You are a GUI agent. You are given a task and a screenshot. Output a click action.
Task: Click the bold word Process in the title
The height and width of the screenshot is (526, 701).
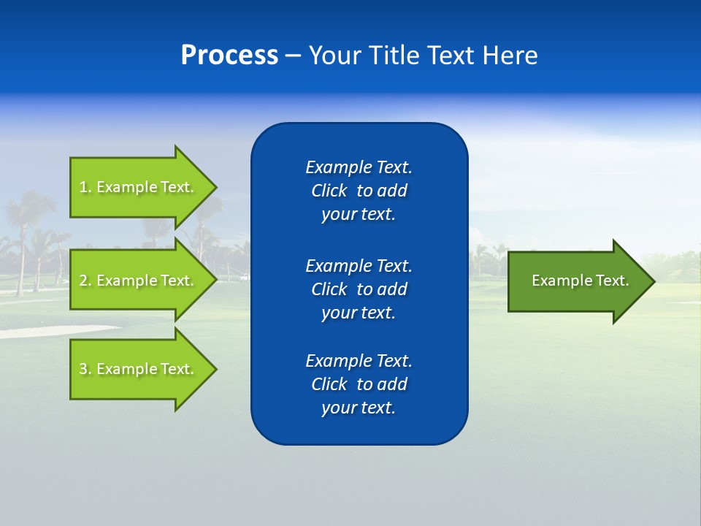pyautogui.click(x=229, y=56)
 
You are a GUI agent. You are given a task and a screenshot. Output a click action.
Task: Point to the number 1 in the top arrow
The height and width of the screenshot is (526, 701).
pyautogui.click(x=84, y=187)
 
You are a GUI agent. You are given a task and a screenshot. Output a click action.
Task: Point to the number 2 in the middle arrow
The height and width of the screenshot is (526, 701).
pyautogui.click(x=84, y=281)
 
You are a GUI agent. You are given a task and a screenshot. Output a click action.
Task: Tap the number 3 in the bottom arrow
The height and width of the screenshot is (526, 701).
pyautogui.click(x=84, y=369)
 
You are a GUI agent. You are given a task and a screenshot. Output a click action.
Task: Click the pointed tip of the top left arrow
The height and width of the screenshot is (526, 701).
pyautogui.click(x=212, y=187)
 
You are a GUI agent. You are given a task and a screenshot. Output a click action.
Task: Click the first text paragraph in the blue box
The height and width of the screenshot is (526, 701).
pyautogui.click(x=359, y=191)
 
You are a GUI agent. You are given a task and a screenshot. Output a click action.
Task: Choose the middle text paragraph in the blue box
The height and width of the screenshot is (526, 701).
pyautogui.click(x=359, y=289)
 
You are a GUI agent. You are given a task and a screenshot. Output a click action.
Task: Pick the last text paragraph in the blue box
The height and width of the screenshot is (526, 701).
pyautogui.click(x=359, y=384)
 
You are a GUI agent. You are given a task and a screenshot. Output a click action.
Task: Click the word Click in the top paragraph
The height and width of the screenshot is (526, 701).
pyautogui.click(x=329, y=191)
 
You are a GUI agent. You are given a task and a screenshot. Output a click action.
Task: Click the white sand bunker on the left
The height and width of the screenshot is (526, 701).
pyautogui.click(x=51, y=331)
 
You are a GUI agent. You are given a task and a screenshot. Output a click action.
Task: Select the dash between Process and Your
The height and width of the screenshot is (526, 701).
pyautogui.click(x=293, y=56)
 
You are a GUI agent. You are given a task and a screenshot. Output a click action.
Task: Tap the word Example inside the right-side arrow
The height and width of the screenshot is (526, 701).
pyautogui.click(x=559, y=281)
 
